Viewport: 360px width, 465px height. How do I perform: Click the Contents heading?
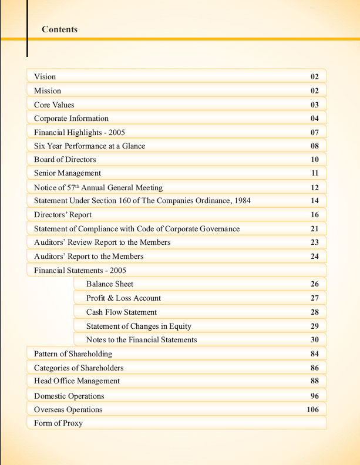[59, 29]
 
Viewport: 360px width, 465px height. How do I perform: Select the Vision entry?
[45, 77]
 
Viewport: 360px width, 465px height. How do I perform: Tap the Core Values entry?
[54, 105]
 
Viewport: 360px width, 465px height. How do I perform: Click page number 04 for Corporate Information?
[314, 118]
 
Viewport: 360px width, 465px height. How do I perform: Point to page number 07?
[314, 132]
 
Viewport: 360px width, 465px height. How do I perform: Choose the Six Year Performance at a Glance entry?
[89, 146]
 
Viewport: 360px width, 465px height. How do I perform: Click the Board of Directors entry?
[65, 160]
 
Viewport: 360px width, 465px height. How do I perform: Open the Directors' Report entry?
[62, 215]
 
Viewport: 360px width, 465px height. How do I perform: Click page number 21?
[314, 228]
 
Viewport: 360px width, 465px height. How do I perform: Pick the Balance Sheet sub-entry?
[110, 284]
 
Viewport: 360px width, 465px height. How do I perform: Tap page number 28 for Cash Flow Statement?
[314, 312]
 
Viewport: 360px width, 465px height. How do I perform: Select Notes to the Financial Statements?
[142, 340]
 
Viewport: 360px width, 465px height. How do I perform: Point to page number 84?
[314, 354]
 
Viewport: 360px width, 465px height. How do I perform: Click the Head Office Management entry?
[77, 381]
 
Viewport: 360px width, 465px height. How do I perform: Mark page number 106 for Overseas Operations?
[312, 410]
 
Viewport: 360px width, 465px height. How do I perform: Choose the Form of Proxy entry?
[58, 423]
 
